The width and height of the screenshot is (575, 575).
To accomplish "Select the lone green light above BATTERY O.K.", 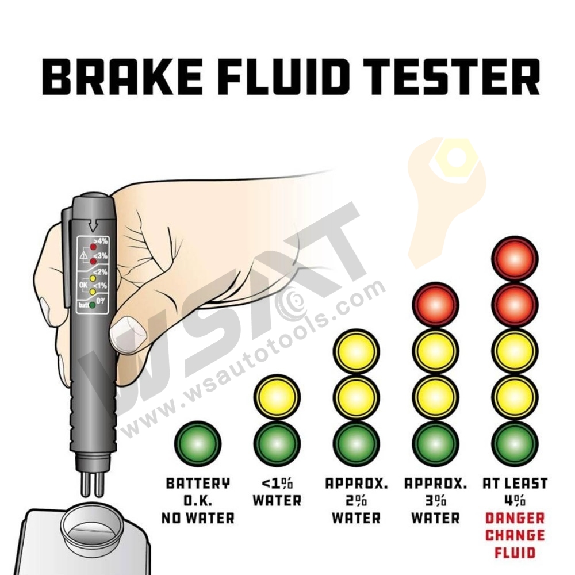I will click(x=197, y=444).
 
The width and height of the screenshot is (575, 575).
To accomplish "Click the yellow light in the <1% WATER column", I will click(x=277, y=397).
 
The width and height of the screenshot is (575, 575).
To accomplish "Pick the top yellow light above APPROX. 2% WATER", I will click(x=356, y=351).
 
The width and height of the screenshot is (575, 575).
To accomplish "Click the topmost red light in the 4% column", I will click(x=515, y=258).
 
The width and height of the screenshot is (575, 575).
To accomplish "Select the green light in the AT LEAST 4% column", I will click(x=515, y=444).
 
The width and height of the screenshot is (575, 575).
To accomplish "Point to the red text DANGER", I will click(x=515, y=518).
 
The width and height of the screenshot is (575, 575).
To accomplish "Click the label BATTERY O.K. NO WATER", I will click(x=198, y=500).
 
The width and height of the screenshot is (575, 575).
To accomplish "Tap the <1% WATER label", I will click(x=277, y=492).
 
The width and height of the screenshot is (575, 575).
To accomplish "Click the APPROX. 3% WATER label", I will click(x=436, y=500).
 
